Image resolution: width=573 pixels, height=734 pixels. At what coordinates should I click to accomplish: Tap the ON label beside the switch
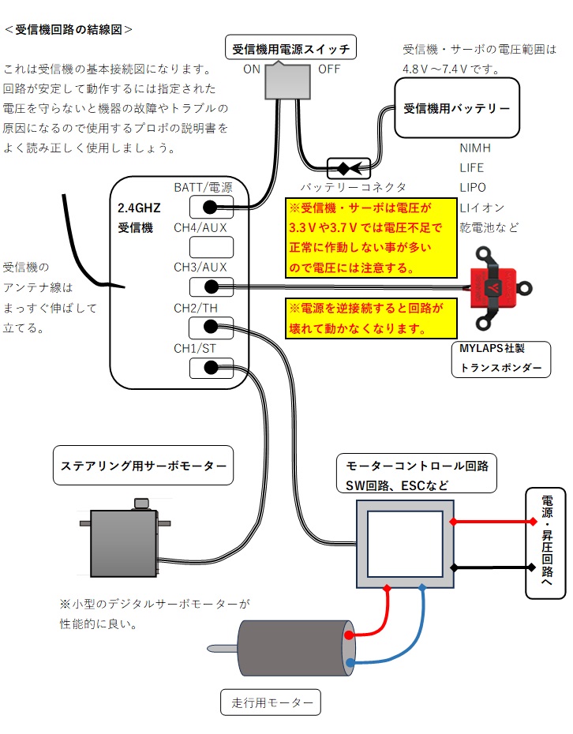[252, 69]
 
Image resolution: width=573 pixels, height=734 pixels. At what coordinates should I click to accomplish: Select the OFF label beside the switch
[329, 69]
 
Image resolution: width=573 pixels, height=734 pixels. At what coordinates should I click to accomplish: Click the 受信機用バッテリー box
[456, 108]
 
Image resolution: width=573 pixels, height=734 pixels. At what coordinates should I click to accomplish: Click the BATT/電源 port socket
[211, 208]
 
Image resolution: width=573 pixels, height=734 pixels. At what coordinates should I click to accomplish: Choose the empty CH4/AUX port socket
[211, 247]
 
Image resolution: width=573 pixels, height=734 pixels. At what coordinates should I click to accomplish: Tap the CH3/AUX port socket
[211, 287]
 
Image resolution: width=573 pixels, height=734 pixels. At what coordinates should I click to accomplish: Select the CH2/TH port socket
[211, 327]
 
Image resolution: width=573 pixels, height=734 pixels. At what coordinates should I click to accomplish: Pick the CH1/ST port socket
[211, 367]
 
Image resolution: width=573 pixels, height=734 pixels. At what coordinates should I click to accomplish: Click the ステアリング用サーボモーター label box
[143, 466]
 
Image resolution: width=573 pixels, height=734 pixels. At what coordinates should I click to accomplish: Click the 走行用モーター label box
[272, 702]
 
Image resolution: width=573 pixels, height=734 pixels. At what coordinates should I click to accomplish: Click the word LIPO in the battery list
[473, 188]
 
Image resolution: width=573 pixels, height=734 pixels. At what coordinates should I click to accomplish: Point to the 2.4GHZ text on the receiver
[140, 209]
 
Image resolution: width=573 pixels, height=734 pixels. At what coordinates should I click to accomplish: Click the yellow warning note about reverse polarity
[372, 318]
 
